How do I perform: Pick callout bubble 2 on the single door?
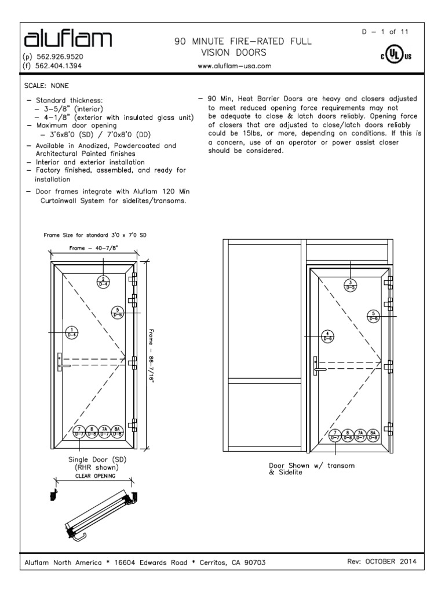(x=103, y=281)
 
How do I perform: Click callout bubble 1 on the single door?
(x=72, y=332)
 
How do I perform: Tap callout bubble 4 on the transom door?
(x=328, y=336)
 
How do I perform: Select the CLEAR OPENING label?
(x=96, y=475)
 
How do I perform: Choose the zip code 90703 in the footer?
(x=254, y=562)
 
